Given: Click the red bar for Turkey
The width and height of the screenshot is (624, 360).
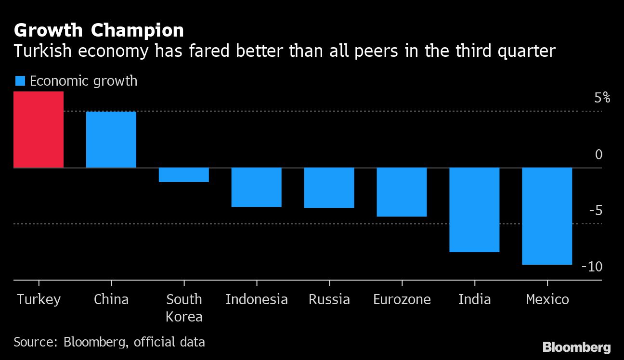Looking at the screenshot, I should [39, 129].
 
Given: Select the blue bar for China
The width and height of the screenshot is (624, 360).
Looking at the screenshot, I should [111, 140].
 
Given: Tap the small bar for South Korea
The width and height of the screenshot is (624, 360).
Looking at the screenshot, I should [184, 175].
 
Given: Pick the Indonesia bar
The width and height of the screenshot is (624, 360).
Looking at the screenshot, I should [257, 187].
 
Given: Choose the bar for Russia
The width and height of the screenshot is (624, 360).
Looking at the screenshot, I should [329, 188].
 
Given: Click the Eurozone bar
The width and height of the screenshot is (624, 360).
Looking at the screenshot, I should [402, 192].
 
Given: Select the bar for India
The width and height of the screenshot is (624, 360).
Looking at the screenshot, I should [474, 210].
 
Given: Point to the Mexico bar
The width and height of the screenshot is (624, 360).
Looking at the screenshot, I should [547, 216].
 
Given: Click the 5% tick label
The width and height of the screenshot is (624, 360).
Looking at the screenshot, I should [602, 98].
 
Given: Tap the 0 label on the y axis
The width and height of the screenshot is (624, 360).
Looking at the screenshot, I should [598, 154].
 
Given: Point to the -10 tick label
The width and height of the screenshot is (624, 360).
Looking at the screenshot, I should [592, 267].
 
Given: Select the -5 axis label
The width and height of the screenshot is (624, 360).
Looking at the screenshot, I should [595, 210].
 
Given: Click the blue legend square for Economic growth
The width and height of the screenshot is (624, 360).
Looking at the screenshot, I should [20, 81].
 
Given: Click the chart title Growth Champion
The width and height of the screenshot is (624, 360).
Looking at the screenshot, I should [99, 30].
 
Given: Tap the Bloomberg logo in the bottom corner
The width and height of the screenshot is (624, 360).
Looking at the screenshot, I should [576, 347].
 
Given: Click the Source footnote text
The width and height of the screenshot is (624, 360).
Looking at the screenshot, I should [109, 342].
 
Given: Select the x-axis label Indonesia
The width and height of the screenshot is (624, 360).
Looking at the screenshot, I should [257, 299].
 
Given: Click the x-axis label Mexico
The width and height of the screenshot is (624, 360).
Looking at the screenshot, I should [547, 299].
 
